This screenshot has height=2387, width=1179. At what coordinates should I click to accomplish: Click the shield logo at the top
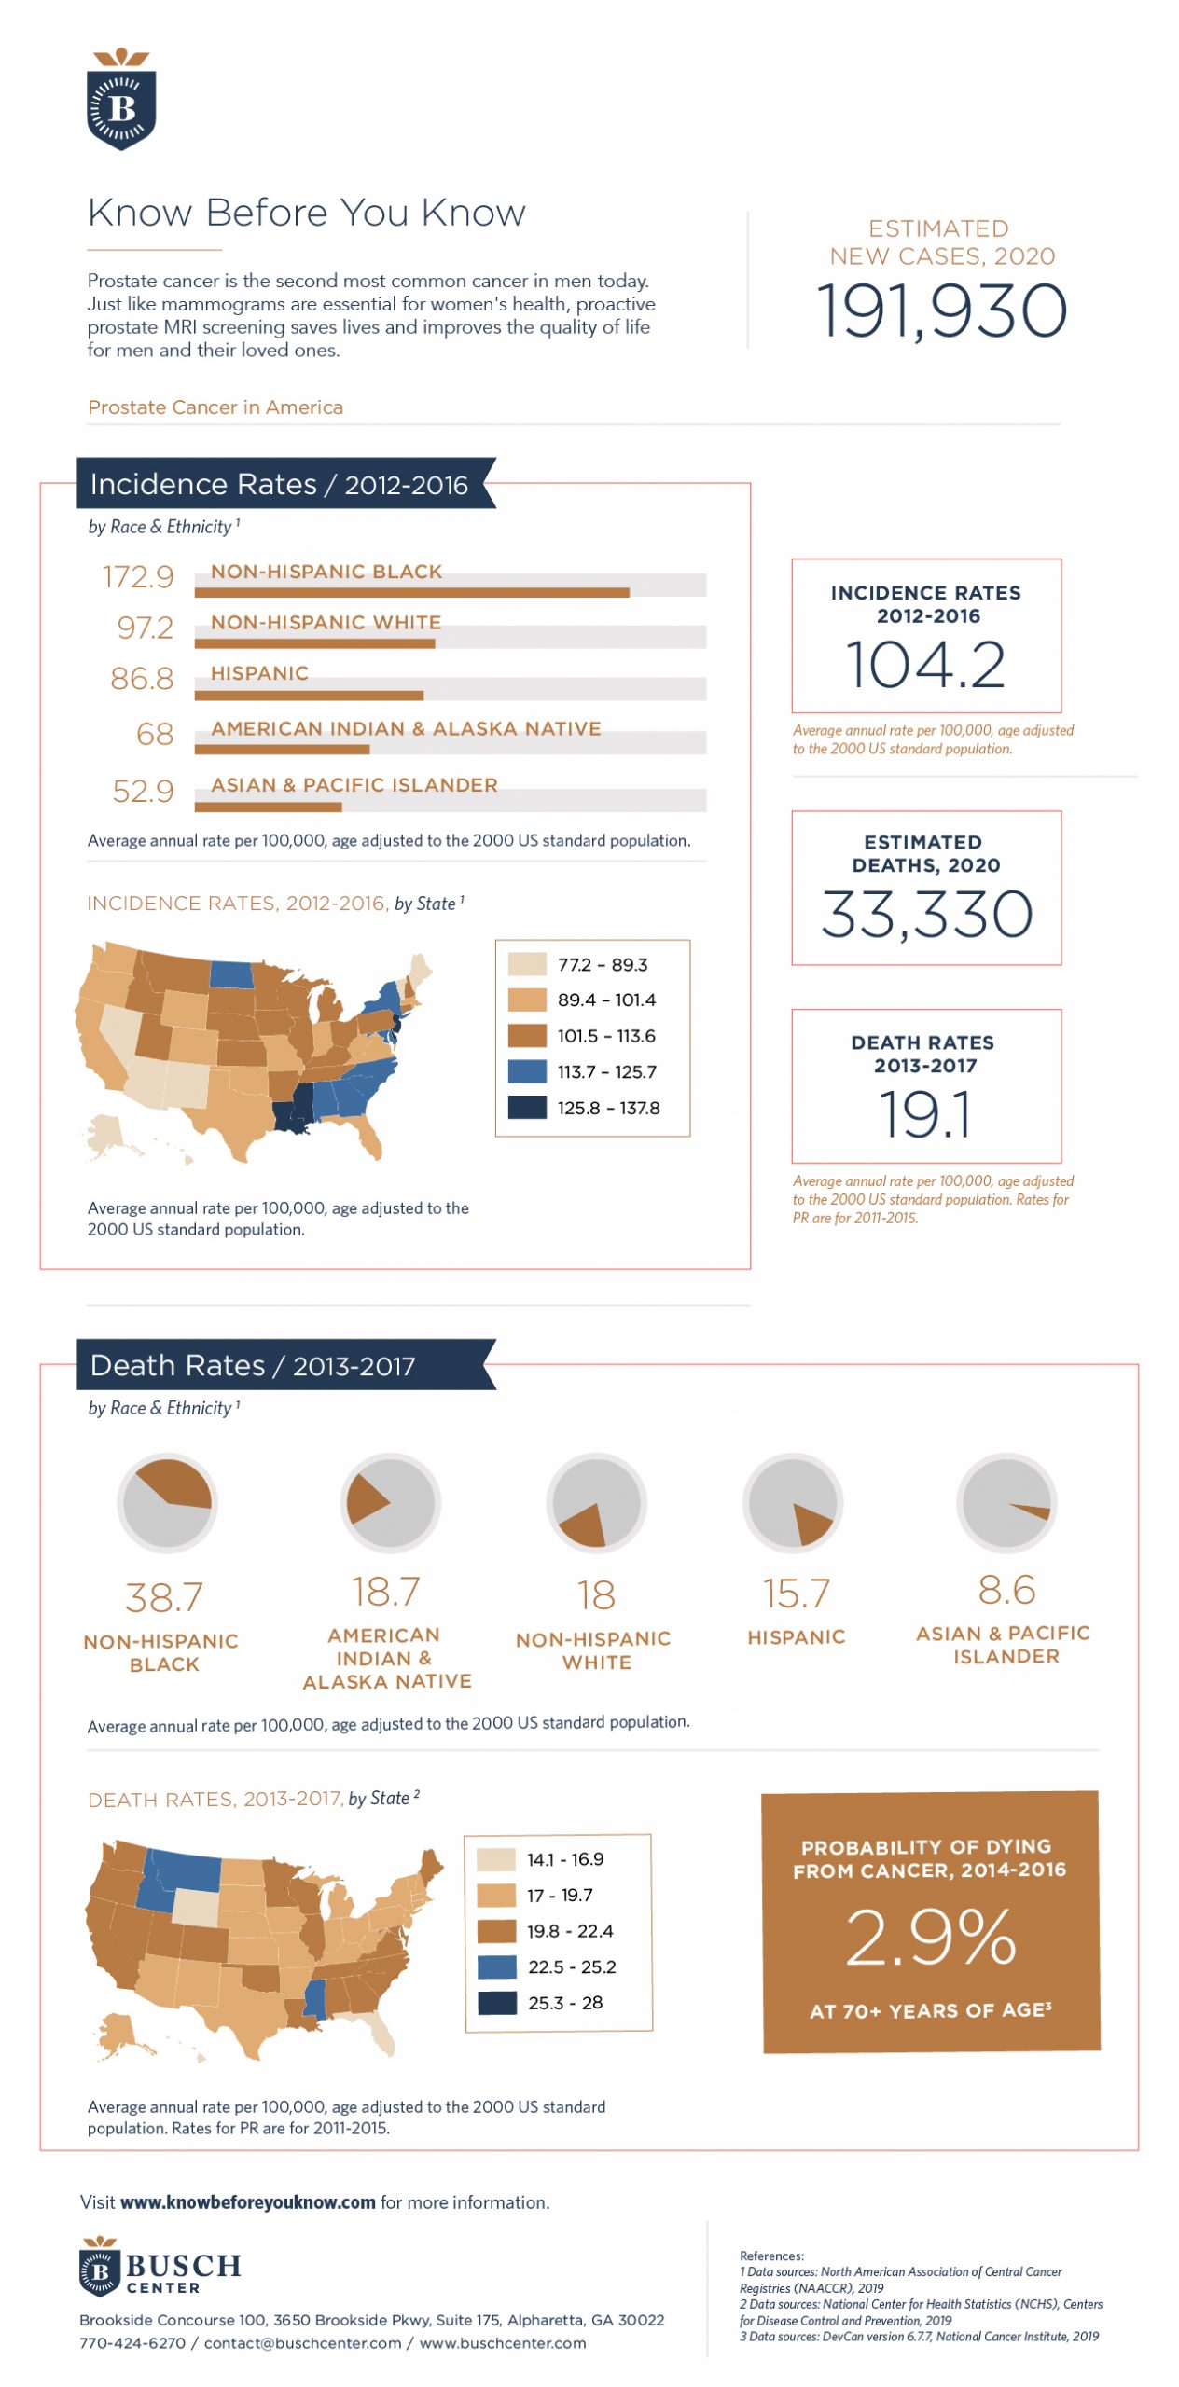click(121, 101)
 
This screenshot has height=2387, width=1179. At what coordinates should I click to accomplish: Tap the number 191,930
click(941, 310)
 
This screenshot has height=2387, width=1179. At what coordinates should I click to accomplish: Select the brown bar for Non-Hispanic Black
click(411, 593)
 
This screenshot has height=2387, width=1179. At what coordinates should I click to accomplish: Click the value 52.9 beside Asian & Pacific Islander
click(144, 792)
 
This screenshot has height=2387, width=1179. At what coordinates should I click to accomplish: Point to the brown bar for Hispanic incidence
click(309, 696)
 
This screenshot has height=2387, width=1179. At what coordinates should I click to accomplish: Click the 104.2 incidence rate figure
click(925, 665)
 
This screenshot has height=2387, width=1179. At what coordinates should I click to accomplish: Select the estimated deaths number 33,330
click(926, 914)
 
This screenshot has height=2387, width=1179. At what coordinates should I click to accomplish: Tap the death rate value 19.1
click(925, 1114)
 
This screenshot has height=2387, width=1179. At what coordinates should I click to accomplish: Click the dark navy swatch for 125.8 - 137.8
click(527, 1108)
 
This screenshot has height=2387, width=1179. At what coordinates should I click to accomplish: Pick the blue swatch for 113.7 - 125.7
click(527, 1071)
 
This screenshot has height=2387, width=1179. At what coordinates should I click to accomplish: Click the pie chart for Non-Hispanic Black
click(167, 1502)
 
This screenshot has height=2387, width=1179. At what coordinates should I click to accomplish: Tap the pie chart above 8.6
click(1006, 1502)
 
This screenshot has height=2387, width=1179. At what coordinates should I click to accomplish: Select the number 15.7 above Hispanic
click(796, 1594)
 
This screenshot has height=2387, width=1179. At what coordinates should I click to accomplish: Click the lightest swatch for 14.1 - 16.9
click(495, 1859)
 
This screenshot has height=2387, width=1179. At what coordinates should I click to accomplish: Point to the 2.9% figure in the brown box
click(930, 1938)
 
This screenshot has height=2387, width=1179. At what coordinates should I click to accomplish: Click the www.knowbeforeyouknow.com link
click(248, 2202)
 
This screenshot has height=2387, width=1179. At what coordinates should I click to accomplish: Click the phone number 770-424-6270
click(132, 2343)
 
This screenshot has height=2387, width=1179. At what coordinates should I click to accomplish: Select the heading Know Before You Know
click(307, 214)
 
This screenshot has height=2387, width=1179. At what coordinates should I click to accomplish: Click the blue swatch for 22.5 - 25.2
click(496, 1966)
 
